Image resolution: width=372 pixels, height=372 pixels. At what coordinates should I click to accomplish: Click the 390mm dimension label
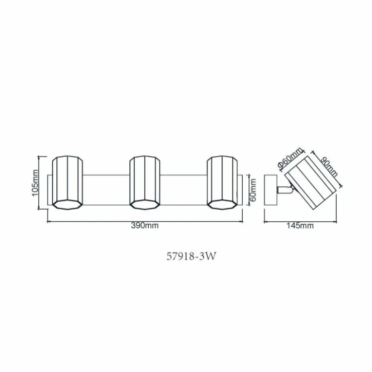[145, 225]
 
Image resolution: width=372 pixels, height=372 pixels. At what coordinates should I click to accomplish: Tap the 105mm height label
[35, 182]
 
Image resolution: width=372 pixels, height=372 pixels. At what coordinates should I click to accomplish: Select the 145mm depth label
[300, 225]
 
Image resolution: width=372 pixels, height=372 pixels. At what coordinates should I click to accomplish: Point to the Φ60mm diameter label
[290, 158]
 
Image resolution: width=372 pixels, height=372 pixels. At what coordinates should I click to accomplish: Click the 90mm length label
[329, 167]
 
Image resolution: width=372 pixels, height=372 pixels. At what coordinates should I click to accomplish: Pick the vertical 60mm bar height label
[253, 190]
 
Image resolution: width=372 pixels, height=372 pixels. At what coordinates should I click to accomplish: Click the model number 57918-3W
[192, 256]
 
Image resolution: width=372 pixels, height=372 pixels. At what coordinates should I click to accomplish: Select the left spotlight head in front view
[68, 182]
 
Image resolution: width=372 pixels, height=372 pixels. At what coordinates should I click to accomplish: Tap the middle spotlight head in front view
[145, 182]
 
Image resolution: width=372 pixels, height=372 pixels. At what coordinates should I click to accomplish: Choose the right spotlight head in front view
[222, 182]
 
